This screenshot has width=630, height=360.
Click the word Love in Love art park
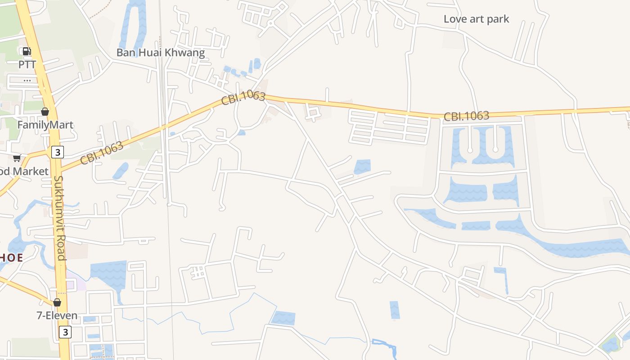[454, 19]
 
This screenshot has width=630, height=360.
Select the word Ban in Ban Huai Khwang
[126, 53]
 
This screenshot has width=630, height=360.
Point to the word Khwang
[185, 53]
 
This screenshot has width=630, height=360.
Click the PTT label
[27, 64]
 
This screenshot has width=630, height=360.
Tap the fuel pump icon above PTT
[27, 51]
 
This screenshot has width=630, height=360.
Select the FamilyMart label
[45, 125]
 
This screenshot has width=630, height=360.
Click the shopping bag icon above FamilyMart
[45, 112]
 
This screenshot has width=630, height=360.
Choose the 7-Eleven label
[57, 315]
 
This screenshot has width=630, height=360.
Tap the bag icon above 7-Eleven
[57, 302]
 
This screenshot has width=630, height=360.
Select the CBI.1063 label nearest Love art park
[466, 116]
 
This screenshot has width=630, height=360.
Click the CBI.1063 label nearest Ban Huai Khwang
[243, 98]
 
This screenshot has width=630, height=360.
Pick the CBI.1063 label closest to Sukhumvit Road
[102, 153]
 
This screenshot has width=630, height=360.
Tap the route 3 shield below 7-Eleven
[65, 332]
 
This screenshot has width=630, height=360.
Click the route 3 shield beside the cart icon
[57, 152]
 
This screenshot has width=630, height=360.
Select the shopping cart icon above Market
[17, 158]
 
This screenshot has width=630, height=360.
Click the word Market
[30, 171]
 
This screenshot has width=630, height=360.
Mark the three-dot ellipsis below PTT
[27, 81]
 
